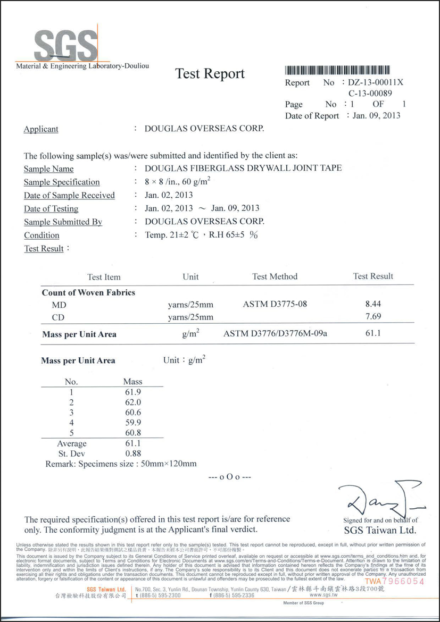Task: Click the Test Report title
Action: coord(210,74)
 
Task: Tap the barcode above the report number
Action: coord(337,70)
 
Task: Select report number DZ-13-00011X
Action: coord(376,82)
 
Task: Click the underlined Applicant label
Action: coord(41,129)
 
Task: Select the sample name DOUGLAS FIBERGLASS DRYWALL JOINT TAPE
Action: coord(243,168)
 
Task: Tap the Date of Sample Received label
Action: coord(69,195)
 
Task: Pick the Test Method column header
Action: coord(275,276)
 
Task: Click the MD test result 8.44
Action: coord(373,305)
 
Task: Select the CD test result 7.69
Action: coord(373,317)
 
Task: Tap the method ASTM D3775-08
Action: coord(275,305)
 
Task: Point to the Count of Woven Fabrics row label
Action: coord(88,292)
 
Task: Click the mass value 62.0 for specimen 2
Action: coord(132,402)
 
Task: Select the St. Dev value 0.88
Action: coord(132,453)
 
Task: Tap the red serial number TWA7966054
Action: coord(394,581)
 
